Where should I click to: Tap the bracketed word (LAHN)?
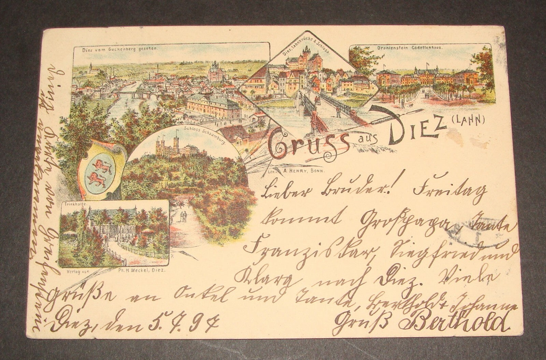pyautogui.click(x=470, y=130)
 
